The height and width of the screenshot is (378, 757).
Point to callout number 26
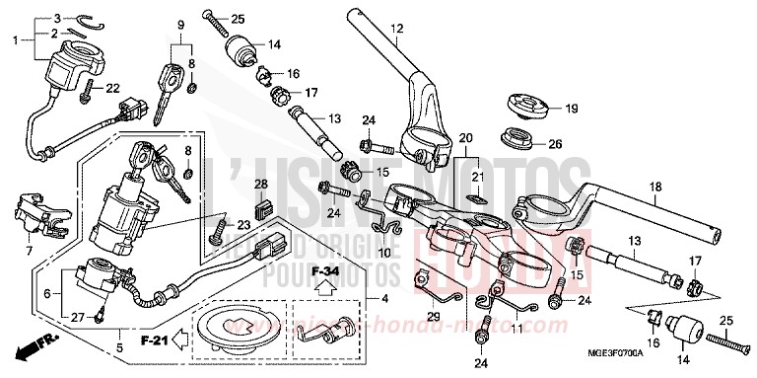click(x=556, y=144)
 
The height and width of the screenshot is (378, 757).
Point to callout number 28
click(x=261, y=185)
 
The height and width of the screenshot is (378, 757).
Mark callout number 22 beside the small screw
click(x=113, y=89)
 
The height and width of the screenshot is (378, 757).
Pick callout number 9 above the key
click(x=181, y=25)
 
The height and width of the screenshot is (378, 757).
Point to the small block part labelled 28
click(x=261, y=207)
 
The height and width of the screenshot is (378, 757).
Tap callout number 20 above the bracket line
click(x=466, y=137)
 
